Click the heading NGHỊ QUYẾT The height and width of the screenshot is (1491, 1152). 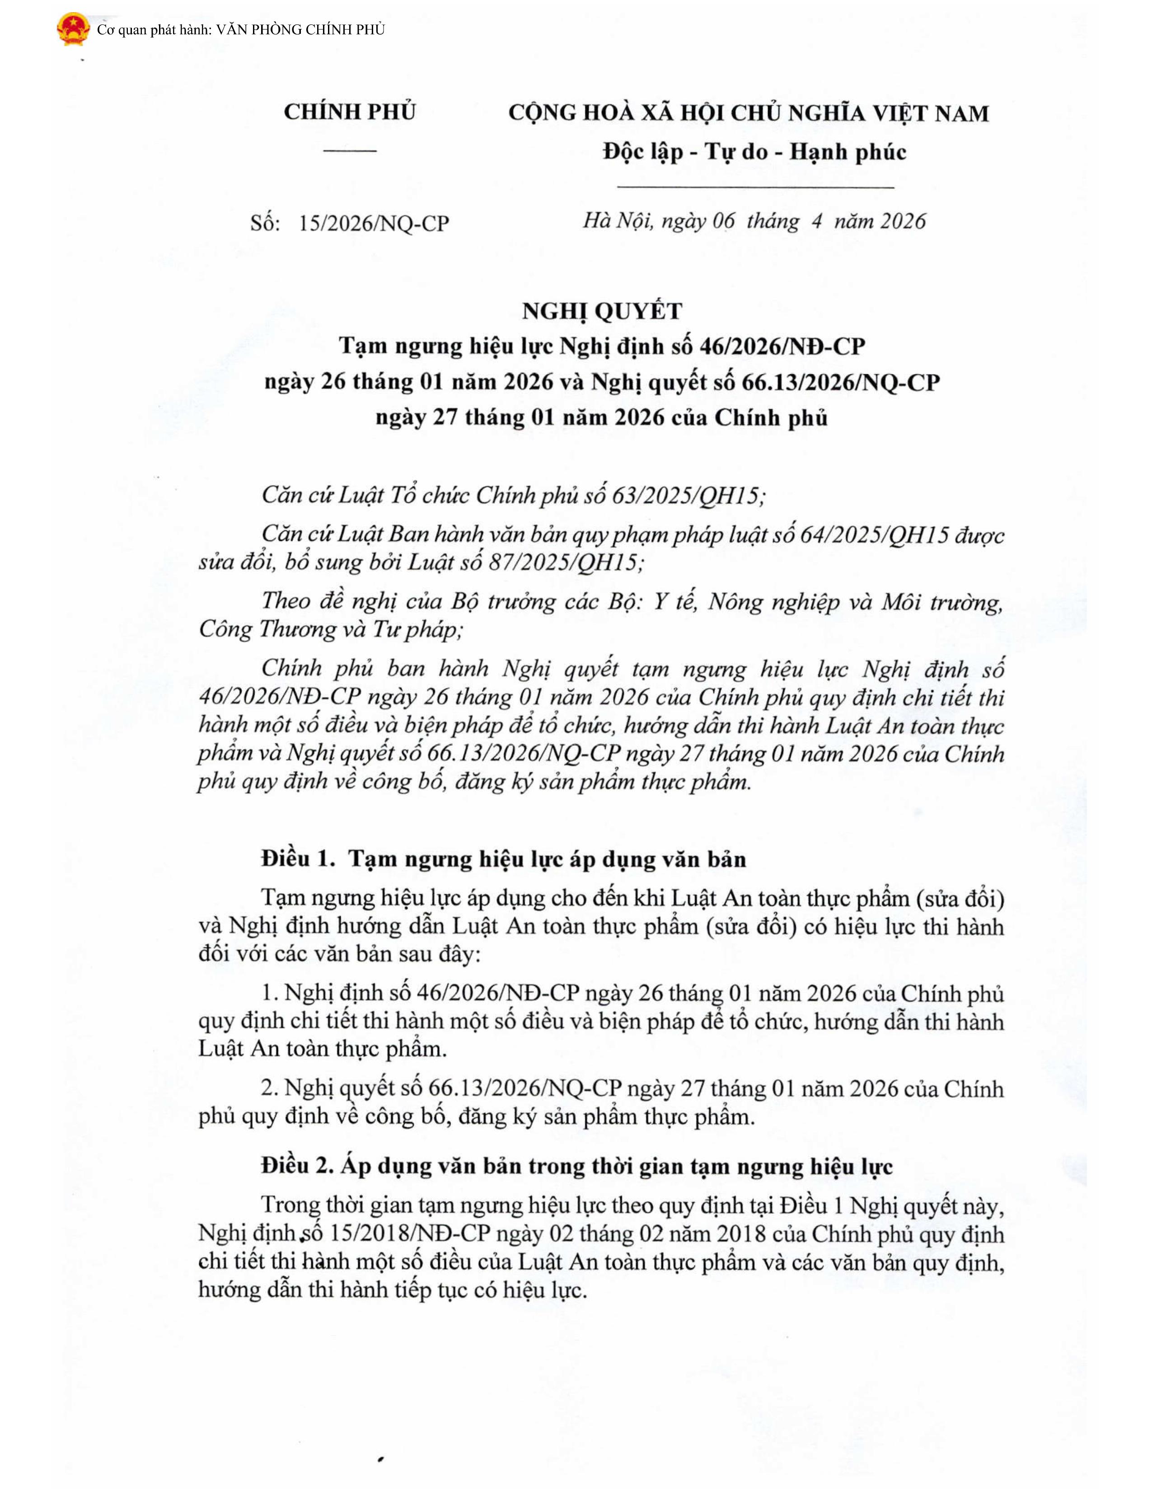(x=602, y=311)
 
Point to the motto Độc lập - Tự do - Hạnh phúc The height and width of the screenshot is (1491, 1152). (x=754, y=151)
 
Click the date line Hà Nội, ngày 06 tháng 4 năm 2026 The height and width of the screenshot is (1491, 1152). (x=754, y=221)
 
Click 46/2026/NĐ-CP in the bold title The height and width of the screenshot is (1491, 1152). (x=782, y=347)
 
